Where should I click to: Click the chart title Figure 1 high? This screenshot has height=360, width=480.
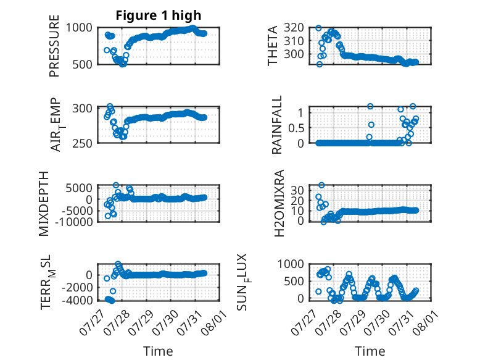[x=159, y=15]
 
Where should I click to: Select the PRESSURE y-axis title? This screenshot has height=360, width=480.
[x=54, y=46]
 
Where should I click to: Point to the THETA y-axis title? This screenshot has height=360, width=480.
[x=272, y=46]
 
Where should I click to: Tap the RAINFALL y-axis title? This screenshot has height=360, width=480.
[x=276, y=125]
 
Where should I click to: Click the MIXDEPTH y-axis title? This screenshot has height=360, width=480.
[x=44, y=204]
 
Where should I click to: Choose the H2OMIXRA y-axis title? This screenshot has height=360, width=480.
[x=279, y=203]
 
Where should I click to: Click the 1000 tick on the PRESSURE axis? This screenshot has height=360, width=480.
[x=79, y=28]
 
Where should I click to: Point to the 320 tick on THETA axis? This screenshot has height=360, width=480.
[x=294, y=28]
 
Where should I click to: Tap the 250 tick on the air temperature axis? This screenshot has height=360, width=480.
[x=82, y=143]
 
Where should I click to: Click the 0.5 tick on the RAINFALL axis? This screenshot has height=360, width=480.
[x=296, y=128]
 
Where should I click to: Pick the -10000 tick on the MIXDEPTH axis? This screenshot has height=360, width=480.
[x=74, y=222]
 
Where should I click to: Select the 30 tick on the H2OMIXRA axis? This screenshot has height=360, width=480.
[x=297, y=190]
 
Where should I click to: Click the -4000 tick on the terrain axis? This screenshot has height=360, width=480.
[x=77, y=300]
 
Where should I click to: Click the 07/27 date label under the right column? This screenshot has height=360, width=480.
[x=302, y=323]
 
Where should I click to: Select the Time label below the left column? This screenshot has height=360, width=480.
[x=159, y=351]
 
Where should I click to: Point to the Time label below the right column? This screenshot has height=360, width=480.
[x=370, y=351]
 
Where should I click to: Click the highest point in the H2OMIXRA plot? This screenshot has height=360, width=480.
[x=321, y=185]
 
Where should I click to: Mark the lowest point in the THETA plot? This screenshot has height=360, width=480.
[x=320, y=64]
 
